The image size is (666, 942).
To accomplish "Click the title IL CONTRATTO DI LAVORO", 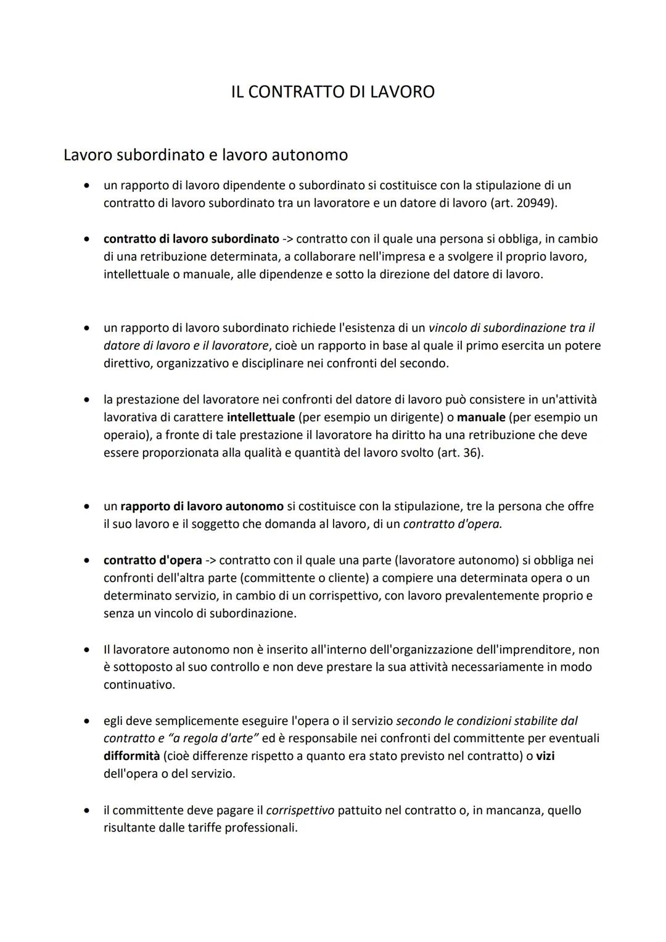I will (x=332, y=92).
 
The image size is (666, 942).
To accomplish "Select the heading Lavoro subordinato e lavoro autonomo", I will (x=205, y=154).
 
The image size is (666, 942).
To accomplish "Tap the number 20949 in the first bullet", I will (x=534, y=203).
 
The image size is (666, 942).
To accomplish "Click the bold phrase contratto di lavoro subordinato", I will (x=191, y=239).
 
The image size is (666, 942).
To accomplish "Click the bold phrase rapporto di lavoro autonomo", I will (x=202, y=506).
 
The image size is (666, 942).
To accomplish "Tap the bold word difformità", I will (x=131, y=756).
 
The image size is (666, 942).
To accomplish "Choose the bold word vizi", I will (x=545, y=756).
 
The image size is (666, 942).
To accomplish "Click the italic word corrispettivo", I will (x=300, y=810).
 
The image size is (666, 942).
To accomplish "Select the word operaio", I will (x=126, y=435).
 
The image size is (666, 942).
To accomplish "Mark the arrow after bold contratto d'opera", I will (x=210, y=560).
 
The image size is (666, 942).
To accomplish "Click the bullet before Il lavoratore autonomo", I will (x=88, y=650).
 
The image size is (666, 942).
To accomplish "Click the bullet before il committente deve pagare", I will (x=88, y=810).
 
